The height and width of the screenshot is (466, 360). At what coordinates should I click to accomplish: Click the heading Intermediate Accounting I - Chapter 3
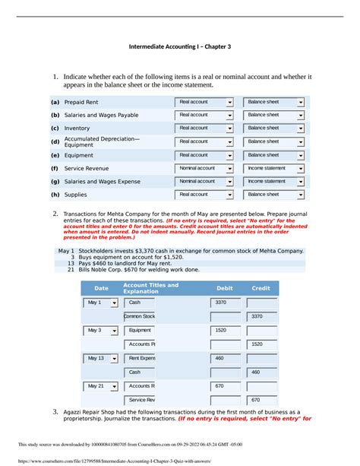(180, 46)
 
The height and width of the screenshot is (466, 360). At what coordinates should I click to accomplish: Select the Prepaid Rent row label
(81, 102)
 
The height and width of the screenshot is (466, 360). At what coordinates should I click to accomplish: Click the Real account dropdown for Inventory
(204, 128)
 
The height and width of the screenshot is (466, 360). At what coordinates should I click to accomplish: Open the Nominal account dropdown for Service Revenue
(204, 168)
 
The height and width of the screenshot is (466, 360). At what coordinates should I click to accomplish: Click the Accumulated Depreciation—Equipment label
(102, 141)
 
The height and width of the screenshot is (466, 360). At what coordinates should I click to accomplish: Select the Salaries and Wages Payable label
(101, 115)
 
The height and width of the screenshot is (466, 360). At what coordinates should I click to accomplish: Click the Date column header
(101, 289)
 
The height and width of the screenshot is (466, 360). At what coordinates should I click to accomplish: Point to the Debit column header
(225, 289)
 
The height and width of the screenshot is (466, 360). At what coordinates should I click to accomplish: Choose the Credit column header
(261, 289)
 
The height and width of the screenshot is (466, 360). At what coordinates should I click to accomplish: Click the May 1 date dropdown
(100, 303)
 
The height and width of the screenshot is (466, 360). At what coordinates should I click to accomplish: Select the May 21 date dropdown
(100, 386)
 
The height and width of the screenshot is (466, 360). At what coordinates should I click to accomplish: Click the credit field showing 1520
(262, 344)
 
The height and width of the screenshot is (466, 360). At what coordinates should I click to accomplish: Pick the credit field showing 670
(262, 400)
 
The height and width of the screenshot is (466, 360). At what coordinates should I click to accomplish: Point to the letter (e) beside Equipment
(55, 155)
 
